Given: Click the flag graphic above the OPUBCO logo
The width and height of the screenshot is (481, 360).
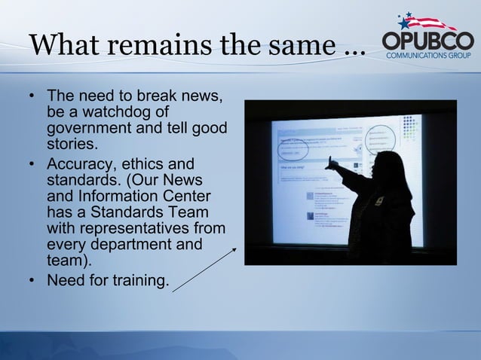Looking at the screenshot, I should (426, 20).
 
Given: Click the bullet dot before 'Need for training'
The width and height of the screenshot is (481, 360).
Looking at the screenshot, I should (32, 282).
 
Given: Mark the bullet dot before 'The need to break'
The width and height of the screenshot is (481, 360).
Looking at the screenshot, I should (32, 97).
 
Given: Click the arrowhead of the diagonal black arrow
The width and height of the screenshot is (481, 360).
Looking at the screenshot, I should (234, 249).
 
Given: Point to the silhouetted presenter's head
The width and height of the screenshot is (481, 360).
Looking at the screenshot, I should (386, 164).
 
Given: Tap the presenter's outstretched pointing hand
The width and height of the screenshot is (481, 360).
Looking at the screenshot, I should (329, 160).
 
